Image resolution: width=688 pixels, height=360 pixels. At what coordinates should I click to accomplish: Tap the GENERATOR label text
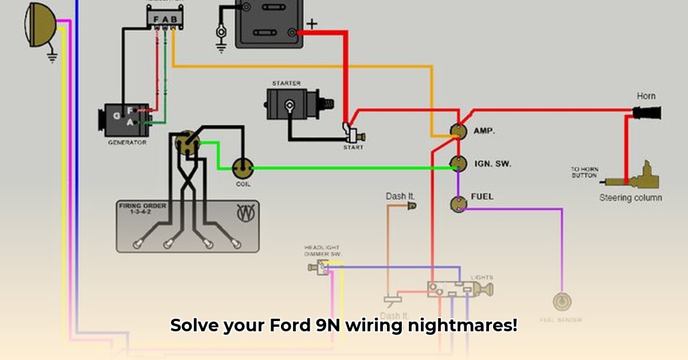pyautogui.click(x=127, y=142)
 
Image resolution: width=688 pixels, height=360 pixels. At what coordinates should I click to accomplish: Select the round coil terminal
pyautogui.click(x=243, y=168)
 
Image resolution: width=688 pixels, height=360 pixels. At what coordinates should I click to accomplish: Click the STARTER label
pyautogui.click(x=286, y=84)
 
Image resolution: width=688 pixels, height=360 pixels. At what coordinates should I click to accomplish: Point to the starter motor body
pyautogui.click(x=292, y=105)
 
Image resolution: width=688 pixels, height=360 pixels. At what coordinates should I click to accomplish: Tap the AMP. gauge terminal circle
pyautogui.click(x=458, y=131)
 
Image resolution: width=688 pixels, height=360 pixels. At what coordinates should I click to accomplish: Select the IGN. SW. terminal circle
pyautogui.click(x=458, y=164)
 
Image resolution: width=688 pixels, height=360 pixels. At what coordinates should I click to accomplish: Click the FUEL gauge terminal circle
pyautogui.click(x=459, y=203)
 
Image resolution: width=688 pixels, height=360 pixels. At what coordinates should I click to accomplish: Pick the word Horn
pyautogui.click(x=646, y=96)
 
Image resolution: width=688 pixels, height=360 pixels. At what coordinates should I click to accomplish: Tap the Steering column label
pyautogui.click(x=631, y=198)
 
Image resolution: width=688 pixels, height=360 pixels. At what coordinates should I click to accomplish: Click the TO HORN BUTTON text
pyautogui.click(x=584, y=172)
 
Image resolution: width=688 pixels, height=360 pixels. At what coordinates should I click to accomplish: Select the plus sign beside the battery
pyautogui.click(x=311, y=24)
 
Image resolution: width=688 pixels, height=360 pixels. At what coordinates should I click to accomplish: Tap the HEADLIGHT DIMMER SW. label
pyautogui.click(x=322, y=251)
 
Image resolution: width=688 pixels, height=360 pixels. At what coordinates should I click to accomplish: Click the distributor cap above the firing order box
pyautogui.click(x=187, y=143)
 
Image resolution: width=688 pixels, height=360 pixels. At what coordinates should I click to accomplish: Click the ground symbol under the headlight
pyautogui.click(x=52, y=57)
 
